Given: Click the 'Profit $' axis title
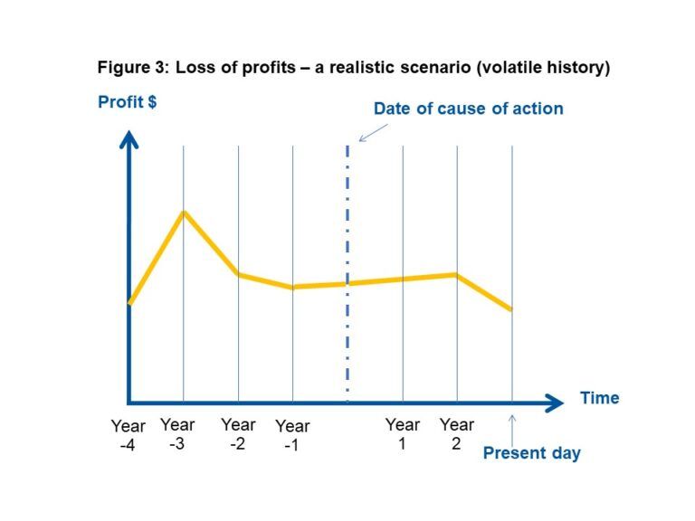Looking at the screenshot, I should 127,102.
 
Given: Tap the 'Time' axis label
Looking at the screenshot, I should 599,398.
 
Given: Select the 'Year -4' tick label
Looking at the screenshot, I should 128,434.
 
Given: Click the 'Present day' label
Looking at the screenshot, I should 531,453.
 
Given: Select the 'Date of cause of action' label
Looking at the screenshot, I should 468,109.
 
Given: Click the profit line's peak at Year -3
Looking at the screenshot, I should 184,213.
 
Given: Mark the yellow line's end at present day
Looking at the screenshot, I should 511,310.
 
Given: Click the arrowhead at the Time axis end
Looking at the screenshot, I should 555,402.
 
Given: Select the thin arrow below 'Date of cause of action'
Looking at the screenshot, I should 373,132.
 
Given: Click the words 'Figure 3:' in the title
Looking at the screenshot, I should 134,69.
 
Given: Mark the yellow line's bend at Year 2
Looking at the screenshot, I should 456,274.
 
